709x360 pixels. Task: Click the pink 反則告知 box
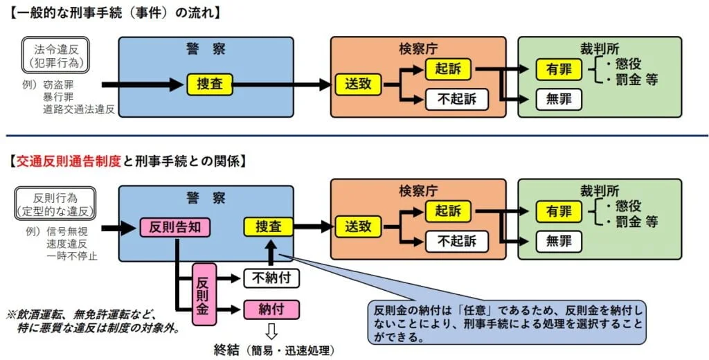coord(176,227)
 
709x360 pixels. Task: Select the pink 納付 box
coord(271,309)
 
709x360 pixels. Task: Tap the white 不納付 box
coord(271,278)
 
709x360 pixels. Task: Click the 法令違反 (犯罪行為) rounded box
coord(56,56)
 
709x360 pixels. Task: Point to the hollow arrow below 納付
coord(271,328)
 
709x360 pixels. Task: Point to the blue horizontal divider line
coord(354,136)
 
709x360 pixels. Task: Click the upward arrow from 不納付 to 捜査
coord(271,253)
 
